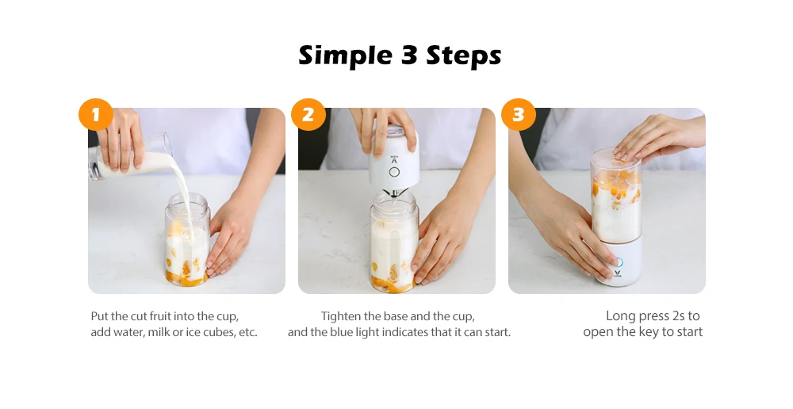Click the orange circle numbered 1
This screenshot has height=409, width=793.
(x=96, y=115)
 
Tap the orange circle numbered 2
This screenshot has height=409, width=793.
(x=308, y=115)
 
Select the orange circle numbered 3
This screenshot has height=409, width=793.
(x=518, y=115)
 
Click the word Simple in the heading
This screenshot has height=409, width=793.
(x=345, y=55)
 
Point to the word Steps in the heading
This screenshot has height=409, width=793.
(x=464, y=55)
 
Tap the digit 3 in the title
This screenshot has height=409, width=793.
(x=408, y=55)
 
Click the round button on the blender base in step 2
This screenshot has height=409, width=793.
(x=394, y=172)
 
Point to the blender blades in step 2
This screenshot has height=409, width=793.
(x=393, y=193)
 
